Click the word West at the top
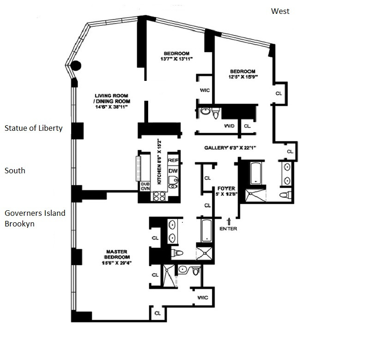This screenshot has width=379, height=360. point(280,11)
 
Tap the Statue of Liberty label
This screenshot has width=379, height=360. point(33,128)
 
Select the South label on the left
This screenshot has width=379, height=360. point(15,171)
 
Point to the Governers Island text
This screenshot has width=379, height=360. point(35,213)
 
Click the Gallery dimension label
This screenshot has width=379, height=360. point(230,148)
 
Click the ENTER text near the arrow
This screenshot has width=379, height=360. point(229,229)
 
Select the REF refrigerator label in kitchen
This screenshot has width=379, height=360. point(173,160)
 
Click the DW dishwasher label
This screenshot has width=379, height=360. point(173,171)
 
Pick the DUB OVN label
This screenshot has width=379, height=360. point(145,186)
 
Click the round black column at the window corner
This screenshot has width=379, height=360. point(75,66)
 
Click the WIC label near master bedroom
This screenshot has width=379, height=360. point(202,298)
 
